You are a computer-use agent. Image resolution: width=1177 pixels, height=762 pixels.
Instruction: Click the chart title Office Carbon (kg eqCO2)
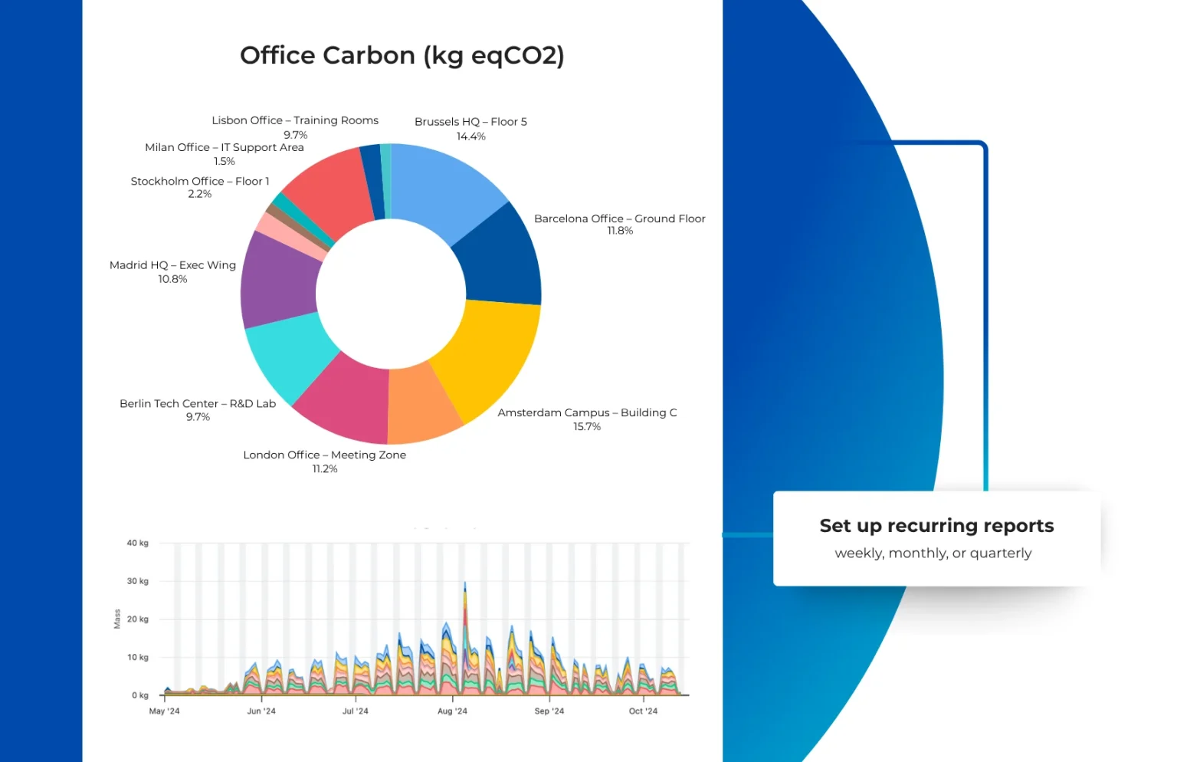pos(402,56)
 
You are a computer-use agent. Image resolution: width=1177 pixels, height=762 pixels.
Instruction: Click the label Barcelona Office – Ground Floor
pos(619,218)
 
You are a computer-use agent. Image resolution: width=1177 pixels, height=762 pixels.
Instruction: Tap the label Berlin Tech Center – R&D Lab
pos(198,403)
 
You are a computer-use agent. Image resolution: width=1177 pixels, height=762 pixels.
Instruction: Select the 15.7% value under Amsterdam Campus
pos(587,427)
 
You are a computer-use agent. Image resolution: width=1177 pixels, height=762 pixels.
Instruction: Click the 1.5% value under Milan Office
pos(225,161)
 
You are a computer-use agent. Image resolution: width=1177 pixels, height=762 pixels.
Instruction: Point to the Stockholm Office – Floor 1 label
pos(200,182)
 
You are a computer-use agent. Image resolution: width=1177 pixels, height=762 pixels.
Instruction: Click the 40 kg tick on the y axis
pos(138,543)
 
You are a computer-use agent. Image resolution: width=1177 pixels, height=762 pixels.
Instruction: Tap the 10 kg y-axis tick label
pos(138,658)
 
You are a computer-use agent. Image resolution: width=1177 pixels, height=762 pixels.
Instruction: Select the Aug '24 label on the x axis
pos(452,711)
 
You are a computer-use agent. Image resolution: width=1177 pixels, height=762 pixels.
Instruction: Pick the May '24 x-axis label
pos(165,711)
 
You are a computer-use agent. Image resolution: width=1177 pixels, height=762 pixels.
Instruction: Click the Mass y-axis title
pos(117,619)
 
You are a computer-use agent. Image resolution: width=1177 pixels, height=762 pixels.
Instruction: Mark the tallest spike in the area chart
pos(465,583)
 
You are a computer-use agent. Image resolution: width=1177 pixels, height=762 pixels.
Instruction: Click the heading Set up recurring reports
pos(937,526)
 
